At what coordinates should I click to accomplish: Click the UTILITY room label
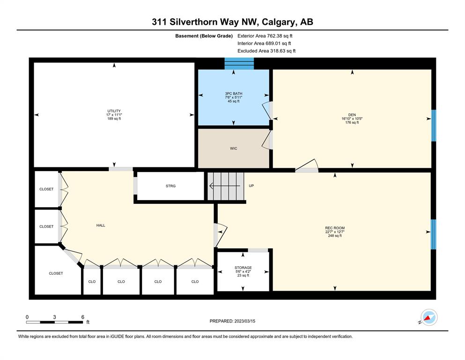tap(114, 111)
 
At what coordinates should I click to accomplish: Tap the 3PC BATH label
tap(234, 93)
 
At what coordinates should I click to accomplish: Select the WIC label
tap(234, 149)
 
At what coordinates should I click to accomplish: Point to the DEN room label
tap(352, 115)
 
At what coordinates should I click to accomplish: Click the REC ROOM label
tap(335, 228)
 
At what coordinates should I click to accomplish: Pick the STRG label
tap(170, 186)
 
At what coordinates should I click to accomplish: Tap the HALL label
tap(101, 225)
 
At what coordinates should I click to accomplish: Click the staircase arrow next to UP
tap(225, 186)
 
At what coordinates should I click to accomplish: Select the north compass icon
tap(429, 317)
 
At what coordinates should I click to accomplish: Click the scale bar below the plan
tap(55, 322)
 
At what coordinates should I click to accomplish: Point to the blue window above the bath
tap(239, 63)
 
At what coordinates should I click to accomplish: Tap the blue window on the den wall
tap(434, 126)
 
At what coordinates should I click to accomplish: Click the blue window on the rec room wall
tap(434, 234)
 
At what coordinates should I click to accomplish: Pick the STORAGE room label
tap(243, 268)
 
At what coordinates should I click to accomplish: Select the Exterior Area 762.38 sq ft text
tap(265, 36)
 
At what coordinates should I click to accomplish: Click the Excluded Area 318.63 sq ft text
tap(266, 51)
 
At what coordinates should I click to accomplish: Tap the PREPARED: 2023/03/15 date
tap(232, 321)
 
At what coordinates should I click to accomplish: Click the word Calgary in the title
tap(279, 22)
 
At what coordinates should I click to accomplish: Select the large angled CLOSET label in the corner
tap(56, 273)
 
